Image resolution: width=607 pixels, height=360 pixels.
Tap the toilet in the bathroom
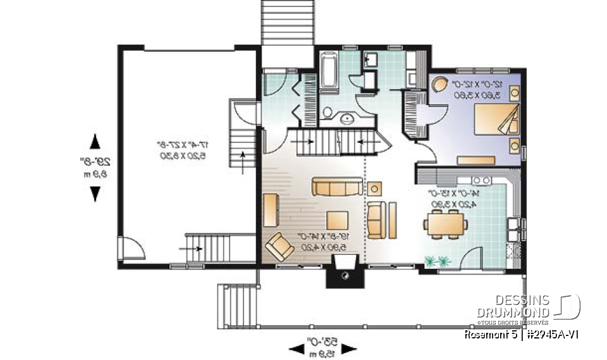pyautogui.click(x=328, y=113)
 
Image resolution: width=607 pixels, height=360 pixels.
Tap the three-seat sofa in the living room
pyautogui.click(x=336, y=187)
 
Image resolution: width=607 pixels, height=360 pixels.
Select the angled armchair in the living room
pyautogui.click(x=279, y=246)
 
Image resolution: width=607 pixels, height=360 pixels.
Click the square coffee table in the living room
pyautogui.click(x=336, y=220)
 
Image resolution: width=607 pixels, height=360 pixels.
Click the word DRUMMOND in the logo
pyautogui.click(x=513, y=311)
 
